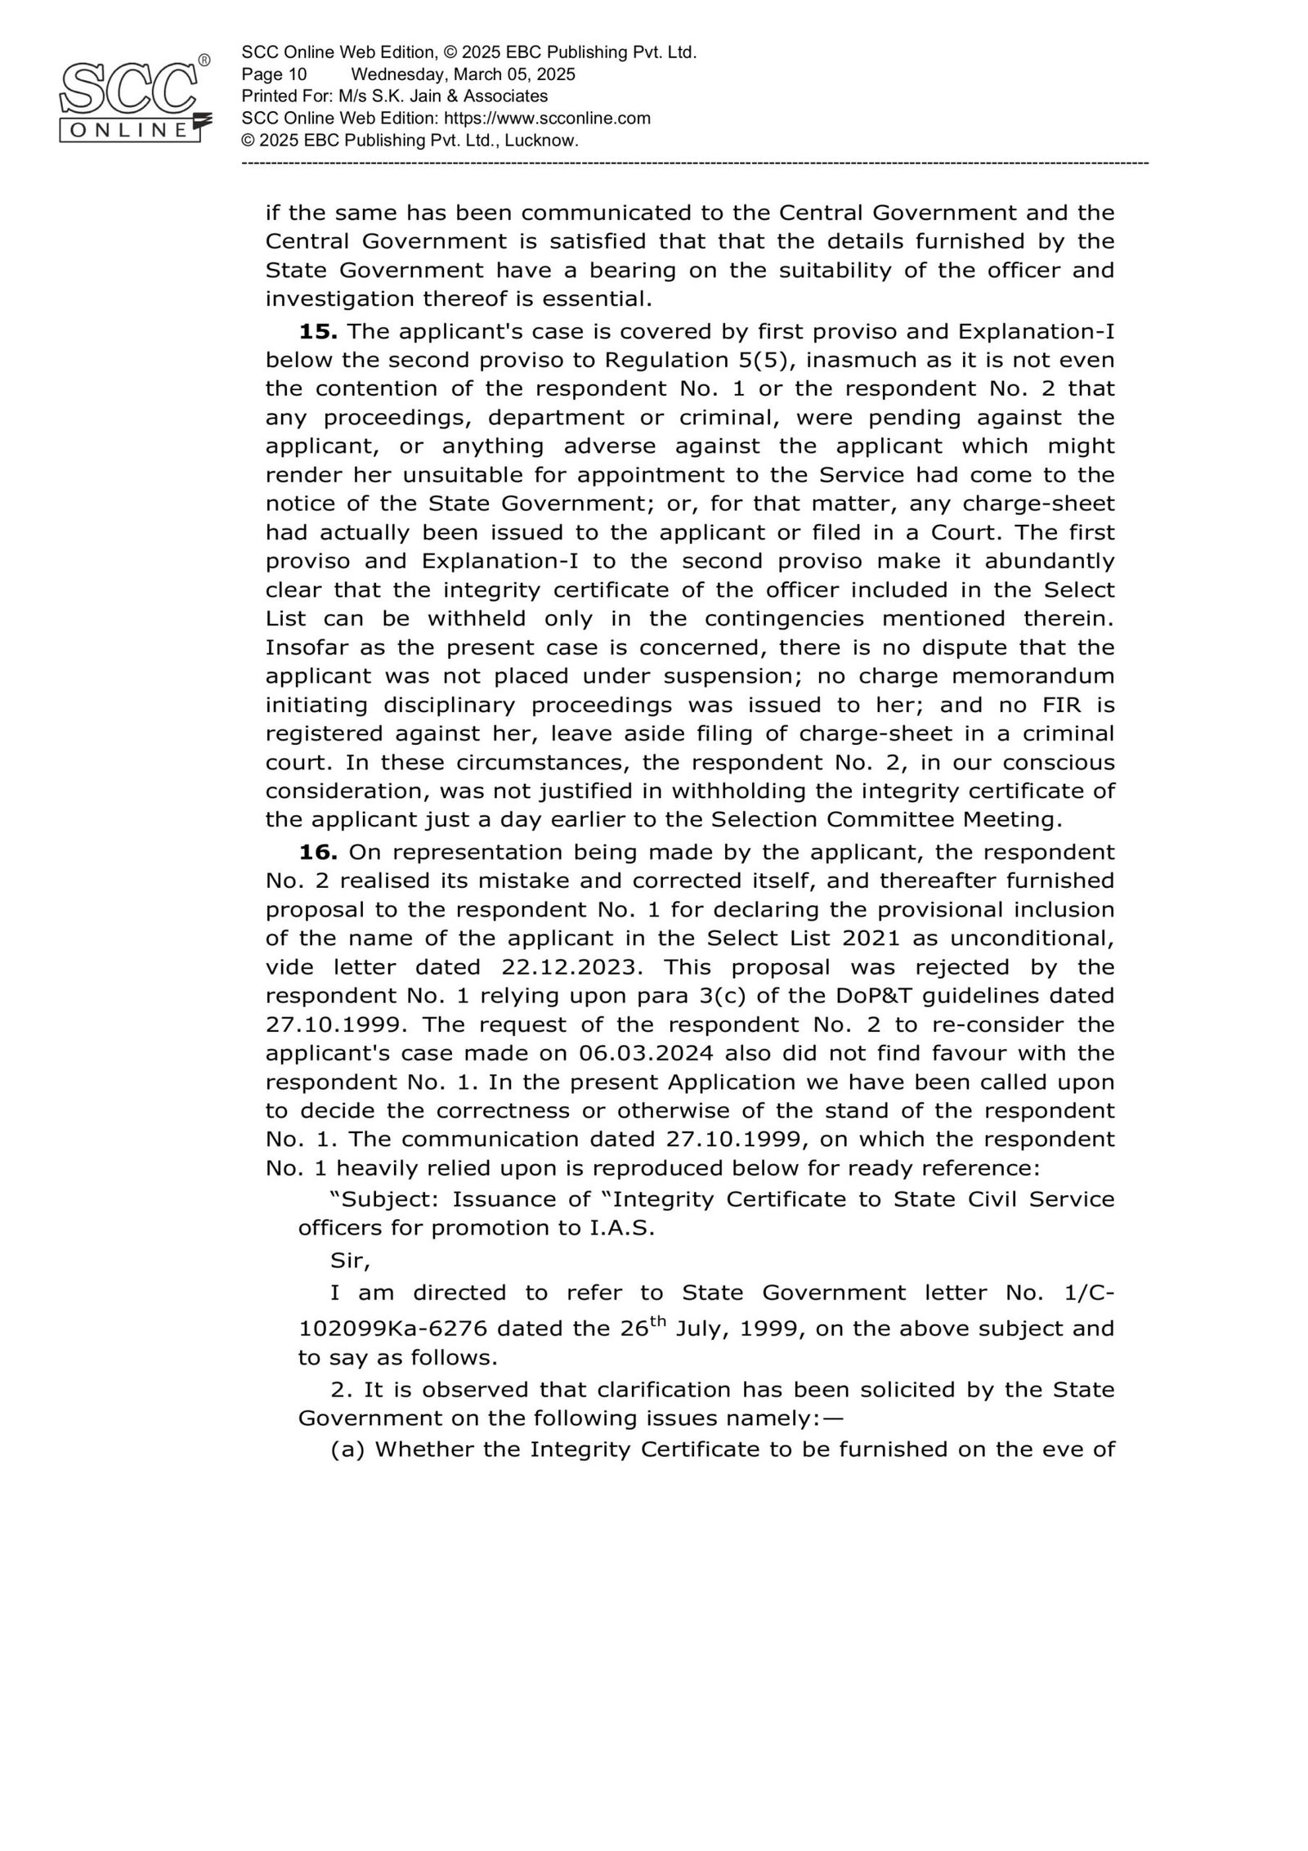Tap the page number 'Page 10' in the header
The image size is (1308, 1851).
[274, 74]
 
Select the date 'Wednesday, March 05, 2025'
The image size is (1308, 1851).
[463, 74]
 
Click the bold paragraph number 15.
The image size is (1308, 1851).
[318, 331]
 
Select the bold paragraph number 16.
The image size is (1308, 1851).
[318, 852]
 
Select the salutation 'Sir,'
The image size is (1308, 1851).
[350, 1260]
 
